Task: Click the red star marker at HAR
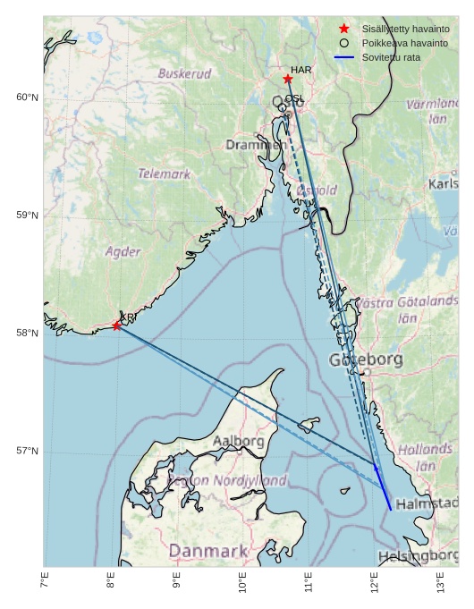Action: click(288, 79)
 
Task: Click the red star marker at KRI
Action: click(117, 326)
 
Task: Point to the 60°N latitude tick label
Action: click(27, 97)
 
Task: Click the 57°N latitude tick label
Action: click(27, 451)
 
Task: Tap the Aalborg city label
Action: click(239, 441)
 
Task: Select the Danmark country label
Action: click(207, 550)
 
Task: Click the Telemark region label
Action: click(164, 173)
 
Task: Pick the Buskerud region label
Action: click(184, 73)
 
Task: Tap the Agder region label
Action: click(123, 252)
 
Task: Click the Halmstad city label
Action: click(427, 504)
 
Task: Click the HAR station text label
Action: click(301, 70)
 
